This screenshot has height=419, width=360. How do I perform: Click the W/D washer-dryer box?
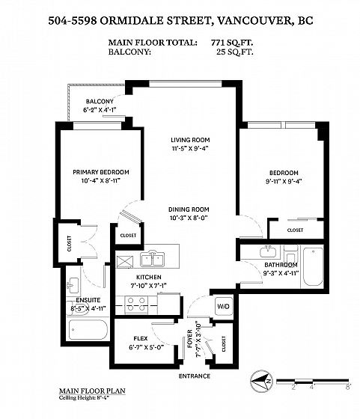point(223,306)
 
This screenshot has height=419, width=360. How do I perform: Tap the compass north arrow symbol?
point(261,382)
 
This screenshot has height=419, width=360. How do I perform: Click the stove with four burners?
point(136,305)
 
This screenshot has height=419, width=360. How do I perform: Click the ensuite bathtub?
point(88,330)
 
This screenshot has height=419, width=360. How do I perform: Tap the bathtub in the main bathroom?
point(313,266)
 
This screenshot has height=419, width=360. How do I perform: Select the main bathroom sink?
point(268,251)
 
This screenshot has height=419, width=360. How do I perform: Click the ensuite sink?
point(72,285)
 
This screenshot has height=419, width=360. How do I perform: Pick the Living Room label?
point(190,140)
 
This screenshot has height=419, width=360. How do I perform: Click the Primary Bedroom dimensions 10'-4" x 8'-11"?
point(101,180)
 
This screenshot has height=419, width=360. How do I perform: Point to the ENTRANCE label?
point(195,376)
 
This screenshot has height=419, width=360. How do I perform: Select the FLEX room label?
point(141,338)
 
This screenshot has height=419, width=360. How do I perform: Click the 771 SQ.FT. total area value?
point(232,43)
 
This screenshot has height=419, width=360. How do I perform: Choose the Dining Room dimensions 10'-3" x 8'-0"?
point(189,218)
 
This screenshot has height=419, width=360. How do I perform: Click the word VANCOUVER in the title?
point(254,21)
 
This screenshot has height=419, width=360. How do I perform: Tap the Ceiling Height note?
point(85,397)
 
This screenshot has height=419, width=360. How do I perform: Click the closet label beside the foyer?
point(224,344)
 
